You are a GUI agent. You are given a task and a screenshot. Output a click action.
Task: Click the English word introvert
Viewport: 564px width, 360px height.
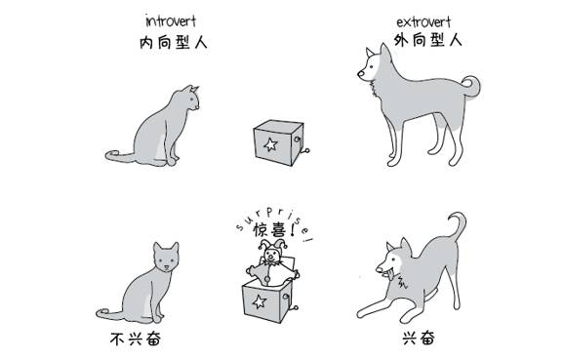pos(171,21)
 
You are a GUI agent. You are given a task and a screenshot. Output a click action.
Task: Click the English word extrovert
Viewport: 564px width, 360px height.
pos(423,22)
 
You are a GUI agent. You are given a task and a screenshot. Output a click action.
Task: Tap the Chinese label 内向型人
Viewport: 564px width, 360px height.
pos(174,43)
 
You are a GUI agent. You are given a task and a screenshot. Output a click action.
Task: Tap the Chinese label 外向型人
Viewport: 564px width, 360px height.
pos(427,40)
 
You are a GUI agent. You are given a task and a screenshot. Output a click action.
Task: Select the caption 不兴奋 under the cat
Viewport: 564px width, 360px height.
pos(136,339)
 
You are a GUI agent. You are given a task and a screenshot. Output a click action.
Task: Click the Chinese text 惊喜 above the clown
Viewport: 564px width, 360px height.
pos(269,229)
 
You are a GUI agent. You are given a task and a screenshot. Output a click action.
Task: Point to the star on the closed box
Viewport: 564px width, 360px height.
pos(270,144)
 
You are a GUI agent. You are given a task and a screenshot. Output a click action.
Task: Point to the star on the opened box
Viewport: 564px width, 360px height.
pos(259,301)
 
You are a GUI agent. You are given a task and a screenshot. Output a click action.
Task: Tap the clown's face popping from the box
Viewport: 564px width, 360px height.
pos(272,256)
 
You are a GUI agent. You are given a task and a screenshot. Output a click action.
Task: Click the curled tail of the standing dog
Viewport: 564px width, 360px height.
pos(472,86)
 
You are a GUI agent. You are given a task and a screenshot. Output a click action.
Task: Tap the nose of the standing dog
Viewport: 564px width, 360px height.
pos(360,74)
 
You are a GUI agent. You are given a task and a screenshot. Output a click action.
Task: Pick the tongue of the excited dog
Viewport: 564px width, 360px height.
pos(390,276)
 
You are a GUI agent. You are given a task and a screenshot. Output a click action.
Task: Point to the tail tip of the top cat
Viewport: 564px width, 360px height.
pos(109,155)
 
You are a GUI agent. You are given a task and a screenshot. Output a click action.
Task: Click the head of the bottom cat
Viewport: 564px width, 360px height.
pos(166,258)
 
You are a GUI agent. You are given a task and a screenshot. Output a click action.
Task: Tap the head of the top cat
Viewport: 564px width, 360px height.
pos(188,98)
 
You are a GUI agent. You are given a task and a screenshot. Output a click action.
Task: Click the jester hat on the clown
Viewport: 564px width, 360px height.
pos(272,245)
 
